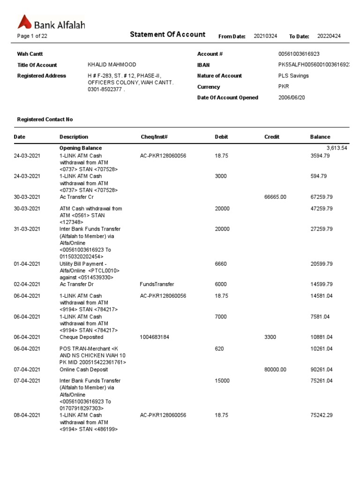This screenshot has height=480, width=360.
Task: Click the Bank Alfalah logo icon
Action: [24, 22]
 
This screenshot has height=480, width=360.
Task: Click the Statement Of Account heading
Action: [167, 34]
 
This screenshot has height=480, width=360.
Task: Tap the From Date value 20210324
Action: [265, 36]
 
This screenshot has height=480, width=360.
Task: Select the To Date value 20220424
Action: [329, 36]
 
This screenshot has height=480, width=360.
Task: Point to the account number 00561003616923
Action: [299, 54]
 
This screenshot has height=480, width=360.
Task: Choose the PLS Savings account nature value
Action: [293, 75]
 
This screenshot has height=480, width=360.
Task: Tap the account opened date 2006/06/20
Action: [292, 97]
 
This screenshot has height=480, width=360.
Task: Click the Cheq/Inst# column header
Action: [154, 137]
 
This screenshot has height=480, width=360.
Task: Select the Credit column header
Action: [272, 137]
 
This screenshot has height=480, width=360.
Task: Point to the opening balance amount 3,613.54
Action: [337, 148]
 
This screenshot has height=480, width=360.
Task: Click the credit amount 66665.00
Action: [275, 197]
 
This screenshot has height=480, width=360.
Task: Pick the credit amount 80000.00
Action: [275, 370]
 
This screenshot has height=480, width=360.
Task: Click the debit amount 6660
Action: [221, 264]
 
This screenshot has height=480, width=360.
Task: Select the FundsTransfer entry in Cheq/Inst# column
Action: [157, 285]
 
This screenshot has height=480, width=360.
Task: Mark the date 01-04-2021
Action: [27, 264]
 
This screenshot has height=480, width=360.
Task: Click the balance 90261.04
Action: [322, 370]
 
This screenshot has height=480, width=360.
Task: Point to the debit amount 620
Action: [219, 349]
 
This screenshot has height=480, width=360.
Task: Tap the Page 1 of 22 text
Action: [32, 36]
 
